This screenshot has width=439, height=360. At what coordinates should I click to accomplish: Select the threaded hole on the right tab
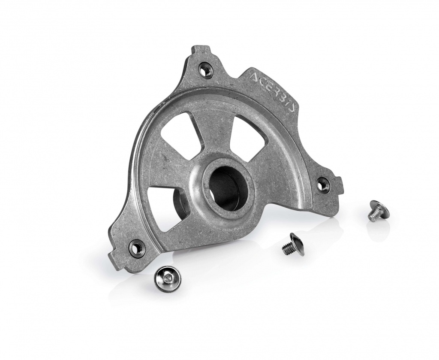click(322, 184)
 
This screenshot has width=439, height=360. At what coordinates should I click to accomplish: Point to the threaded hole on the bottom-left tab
click(137, 247)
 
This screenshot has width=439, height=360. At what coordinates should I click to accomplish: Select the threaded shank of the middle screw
click(287, 248)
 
